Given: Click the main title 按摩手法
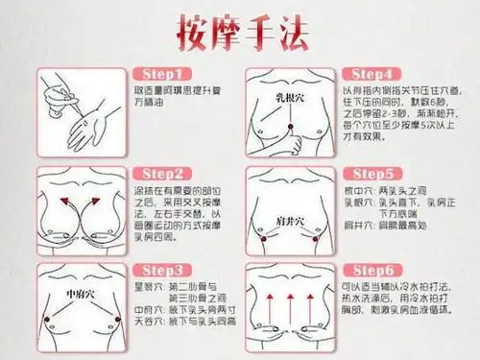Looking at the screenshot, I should (x=239, y=33).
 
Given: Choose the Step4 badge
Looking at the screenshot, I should (x=379, y=74).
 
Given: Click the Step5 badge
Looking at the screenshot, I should (x=379, y=174).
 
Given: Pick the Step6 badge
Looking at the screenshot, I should (x=379, y=271).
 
